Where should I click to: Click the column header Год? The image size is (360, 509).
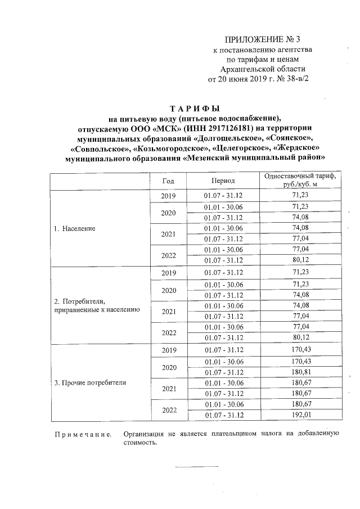coord(168,181)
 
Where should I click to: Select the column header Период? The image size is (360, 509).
coord(223,181)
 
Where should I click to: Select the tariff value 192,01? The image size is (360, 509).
coord(301,415)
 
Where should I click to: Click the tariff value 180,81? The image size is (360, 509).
coord(301,372)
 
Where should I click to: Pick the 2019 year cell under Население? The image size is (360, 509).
coord(168,196)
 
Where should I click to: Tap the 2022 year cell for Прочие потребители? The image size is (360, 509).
coord(168,410)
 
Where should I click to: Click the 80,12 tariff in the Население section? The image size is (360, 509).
coord(301,260)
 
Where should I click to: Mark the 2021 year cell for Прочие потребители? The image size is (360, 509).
coord(168,389)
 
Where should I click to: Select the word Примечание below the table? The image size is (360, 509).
coord(82,434)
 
